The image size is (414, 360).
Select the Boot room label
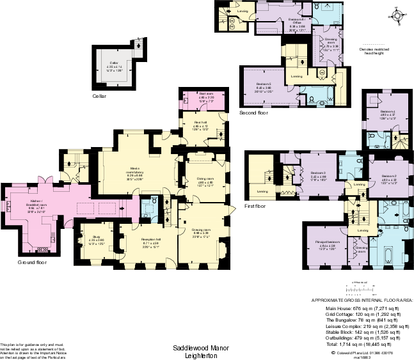click(x=198, y=97)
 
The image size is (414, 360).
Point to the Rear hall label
click(x=200, y=123)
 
